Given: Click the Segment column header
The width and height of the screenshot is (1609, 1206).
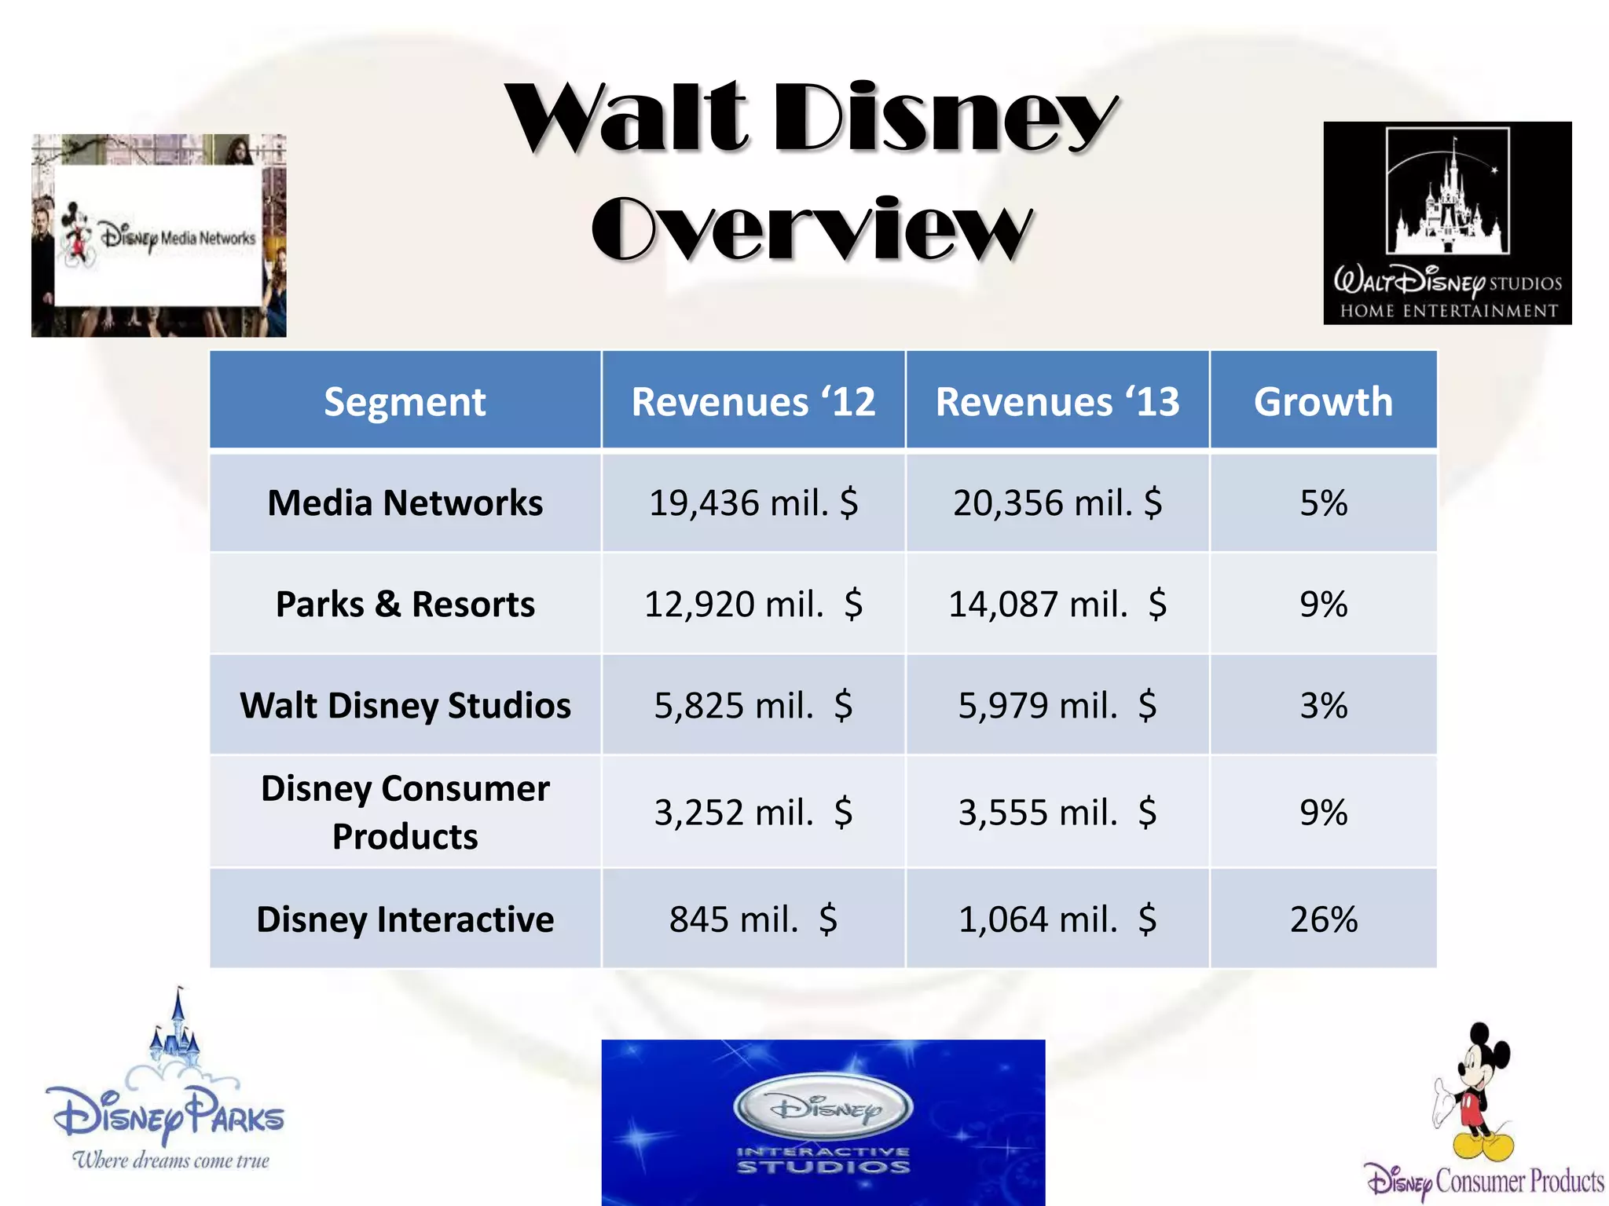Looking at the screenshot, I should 405,401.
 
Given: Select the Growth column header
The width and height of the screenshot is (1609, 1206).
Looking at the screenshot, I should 1323,401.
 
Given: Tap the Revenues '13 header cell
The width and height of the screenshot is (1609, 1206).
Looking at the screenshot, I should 1057,401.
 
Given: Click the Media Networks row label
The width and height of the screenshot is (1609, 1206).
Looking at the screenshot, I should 405,502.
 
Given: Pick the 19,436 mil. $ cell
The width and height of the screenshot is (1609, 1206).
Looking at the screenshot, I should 753,502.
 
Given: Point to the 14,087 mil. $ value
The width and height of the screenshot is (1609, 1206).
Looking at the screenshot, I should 1057,604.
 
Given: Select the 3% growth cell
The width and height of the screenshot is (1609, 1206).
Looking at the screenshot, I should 1323,705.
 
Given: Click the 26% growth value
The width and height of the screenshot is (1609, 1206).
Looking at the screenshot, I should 1323,919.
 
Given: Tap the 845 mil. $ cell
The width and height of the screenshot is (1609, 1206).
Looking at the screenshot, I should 753,919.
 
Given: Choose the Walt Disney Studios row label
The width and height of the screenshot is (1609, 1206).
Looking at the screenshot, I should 405,705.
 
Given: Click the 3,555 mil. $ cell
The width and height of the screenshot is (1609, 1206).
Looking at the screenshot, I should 1057,812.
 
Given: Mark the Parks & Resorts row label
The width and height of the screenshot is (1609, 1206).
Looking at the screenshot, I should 405,604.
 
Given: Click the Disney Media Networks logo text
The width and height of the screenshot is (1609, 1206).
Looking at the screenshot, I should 178,237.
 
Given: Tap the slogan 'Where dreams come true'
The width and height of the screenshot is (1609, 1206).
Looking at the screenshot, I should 170,1160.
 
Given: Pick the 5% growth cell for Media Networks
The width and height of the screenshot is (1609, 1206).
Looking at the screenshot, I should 1323,502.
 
